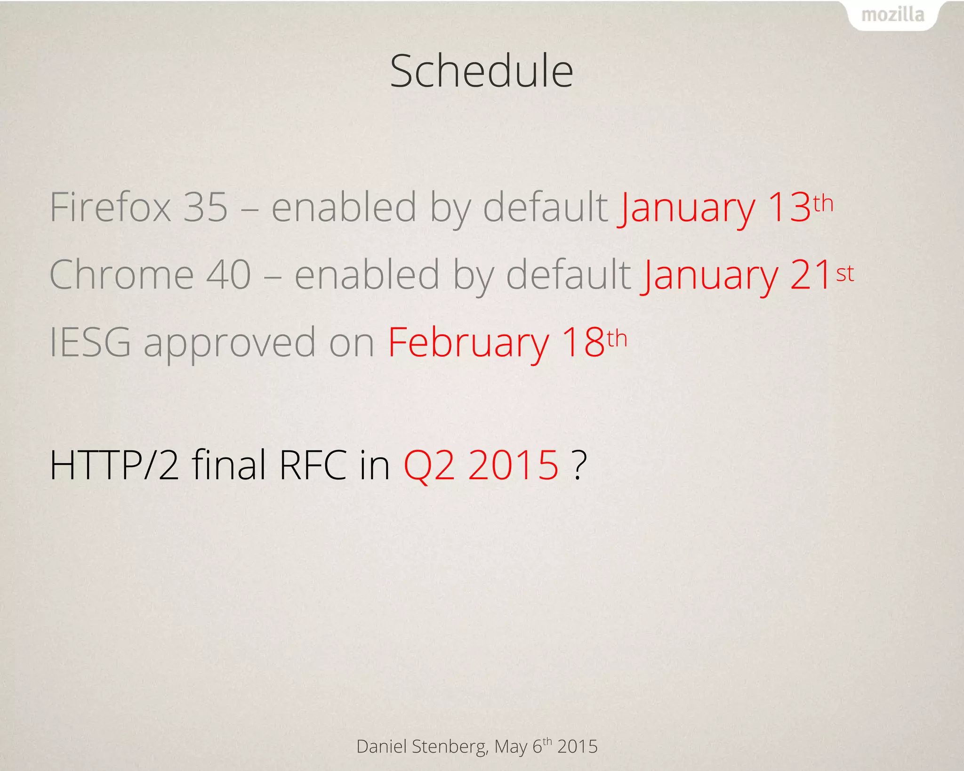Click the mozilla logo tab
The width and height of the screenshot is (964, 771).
(x=892, y=16)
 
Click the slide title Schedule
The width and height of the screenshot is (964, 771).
(x=482, y=72)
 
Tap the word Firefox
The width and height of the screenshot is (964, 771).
(x=110, y=207)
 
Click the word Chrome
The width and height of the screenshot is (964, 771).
(x=121, y=275)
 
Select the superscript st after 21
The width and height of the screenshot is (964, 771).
(x=845, y=273)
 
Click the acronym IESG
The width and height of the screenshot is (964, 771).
(x=90, y=343)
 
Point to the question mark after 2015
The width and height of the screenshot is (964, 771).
(x=580, y=465)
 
